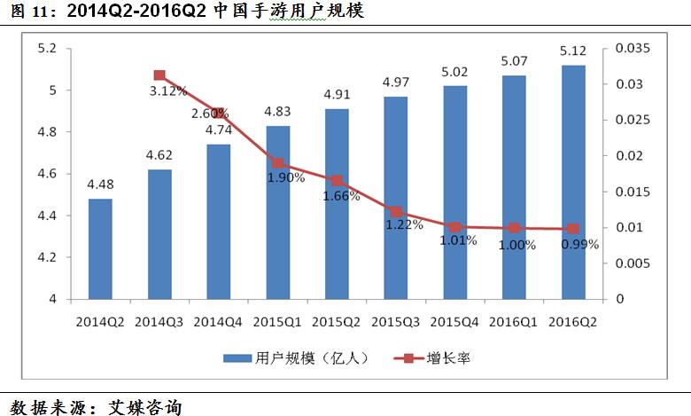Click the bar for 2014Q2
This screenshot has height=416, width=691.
(100, 249)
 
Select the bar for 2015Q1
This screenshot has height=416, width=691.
(278, 213)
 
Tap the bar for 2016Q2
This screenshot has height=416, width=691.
(573, 182)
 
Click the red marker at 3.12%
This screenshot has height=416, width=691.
(159, 76)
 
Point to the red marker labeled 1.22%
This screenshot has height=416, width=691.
(396, 212)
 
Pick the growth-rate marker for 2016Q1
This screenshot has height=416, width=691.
(514, 228)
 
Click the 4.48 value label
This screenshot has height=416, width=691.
(100, 185)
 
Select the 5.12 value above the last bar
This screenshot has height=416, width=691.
(573, 51)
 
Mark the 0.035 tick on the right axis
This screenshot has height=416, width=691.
(633, 48)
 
